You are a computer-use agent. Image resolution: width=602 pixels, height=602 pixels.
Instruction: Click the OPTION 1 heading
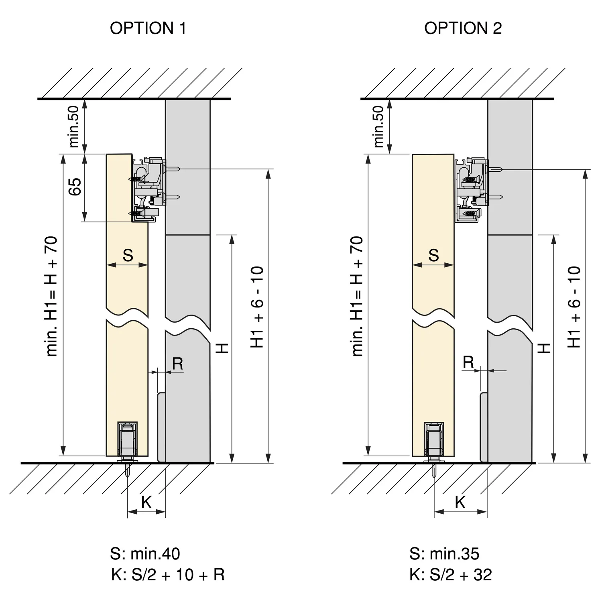(148, 28)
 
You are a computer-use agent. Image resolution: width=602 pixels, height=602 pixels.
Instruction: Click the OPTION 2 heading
(463, 28)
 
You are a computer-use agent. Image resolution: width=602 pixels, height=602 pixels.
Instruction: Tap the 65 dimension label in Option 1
(75, 187)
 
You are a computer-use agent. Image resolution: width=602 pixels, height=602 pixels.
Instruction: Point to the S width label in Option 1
(128, 255)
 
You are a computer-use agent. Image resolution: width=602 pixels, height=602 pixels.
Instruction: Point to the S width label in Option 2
(433, 255)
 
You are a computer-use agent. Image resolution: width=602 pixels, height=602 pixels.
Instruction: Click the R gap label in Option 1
(177, 364)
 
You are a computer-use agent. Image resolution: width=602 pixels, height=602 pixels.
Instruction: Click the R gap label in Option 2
(468, 362)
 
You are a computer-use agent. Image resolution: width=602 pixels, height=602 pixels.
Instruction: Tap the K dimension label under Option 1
(146, 502)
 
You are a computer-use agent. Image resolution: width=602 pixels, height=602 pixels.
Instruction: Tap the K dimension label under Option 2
(460, 502)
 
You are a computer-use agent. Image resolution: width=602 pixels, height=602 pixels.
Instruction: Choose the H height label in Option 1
(222, 348)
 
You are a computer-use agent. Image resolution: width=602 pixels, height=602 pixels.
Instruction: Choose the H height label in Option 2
(544, 348)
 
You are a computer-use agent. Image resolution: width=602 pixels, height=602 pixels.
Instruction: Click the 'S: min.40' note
(145, 554)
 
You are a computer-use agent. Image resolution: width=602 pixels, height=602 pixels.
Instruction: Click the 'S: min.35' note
(444, 554)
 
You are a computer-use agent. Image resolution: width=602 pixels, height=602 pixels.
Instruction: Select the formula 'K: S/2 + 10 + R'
(168, 575)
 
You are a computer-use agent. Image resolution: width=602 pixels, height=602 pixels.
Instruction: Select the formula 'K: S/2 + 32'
(451, 575)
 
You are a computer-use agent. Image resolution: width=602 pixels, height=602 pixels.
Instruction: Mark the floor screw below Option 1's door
(128, 470)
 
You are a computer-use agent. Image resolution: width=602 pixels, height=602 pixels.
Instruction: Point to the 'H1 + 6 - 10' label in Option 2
(575, 307)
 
